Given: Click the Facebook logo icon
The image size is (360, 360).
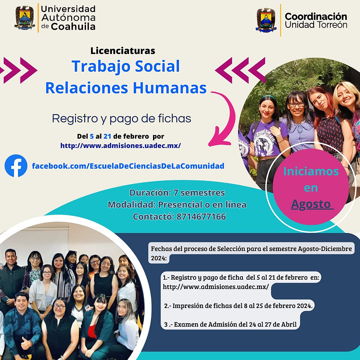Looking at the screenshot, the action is tap(16, 166).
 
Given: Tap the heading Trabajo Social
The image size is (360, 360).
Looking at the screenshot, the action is tap(126, 66).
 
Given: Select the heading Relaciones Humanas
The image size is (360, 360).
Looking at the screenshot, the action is tap(126, 88).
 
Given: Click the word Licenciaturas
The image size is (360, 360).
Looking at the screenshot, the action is tap(123, 51).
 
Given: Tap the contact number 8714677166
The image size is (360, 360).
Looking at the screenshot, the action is tap(201, 217).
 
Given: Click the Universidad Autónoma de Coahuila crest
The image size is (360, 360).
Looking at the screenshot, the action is tap(25, 18).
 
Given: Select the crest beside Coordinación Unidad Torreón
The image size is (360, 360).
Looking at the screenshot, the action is tap(266, 20).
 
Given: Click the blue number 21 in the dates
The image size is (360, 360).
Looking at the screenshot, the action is tap(107, 136).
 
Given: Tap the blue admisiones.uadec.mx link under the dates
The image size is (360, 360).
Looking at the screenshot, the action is tap(121, 146).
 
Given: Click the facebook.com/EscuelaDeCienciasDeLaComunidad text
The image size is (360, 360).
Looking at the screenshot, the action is tap(128, 166).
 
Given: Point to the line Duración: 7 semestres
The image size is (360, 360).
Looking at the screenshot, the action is tap(177, 193).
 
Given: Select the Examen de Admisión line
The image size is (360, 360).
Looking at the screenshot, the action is tap(230, 324).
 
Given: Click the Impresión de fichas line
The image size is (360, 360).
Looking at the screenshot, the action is tap(238, 306).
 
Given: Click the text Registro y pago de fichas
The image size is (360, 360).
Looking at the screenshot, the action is tap(121, 119).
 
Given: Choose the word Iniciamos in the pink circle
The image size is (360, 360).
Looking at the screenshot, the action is tap(311, 172).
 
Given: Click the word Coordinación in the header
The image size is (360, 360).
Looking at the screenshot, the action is tap(316, 17).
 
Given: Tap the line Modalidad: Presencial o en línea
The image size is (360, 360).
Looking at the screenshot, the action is tap(177, 205).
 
